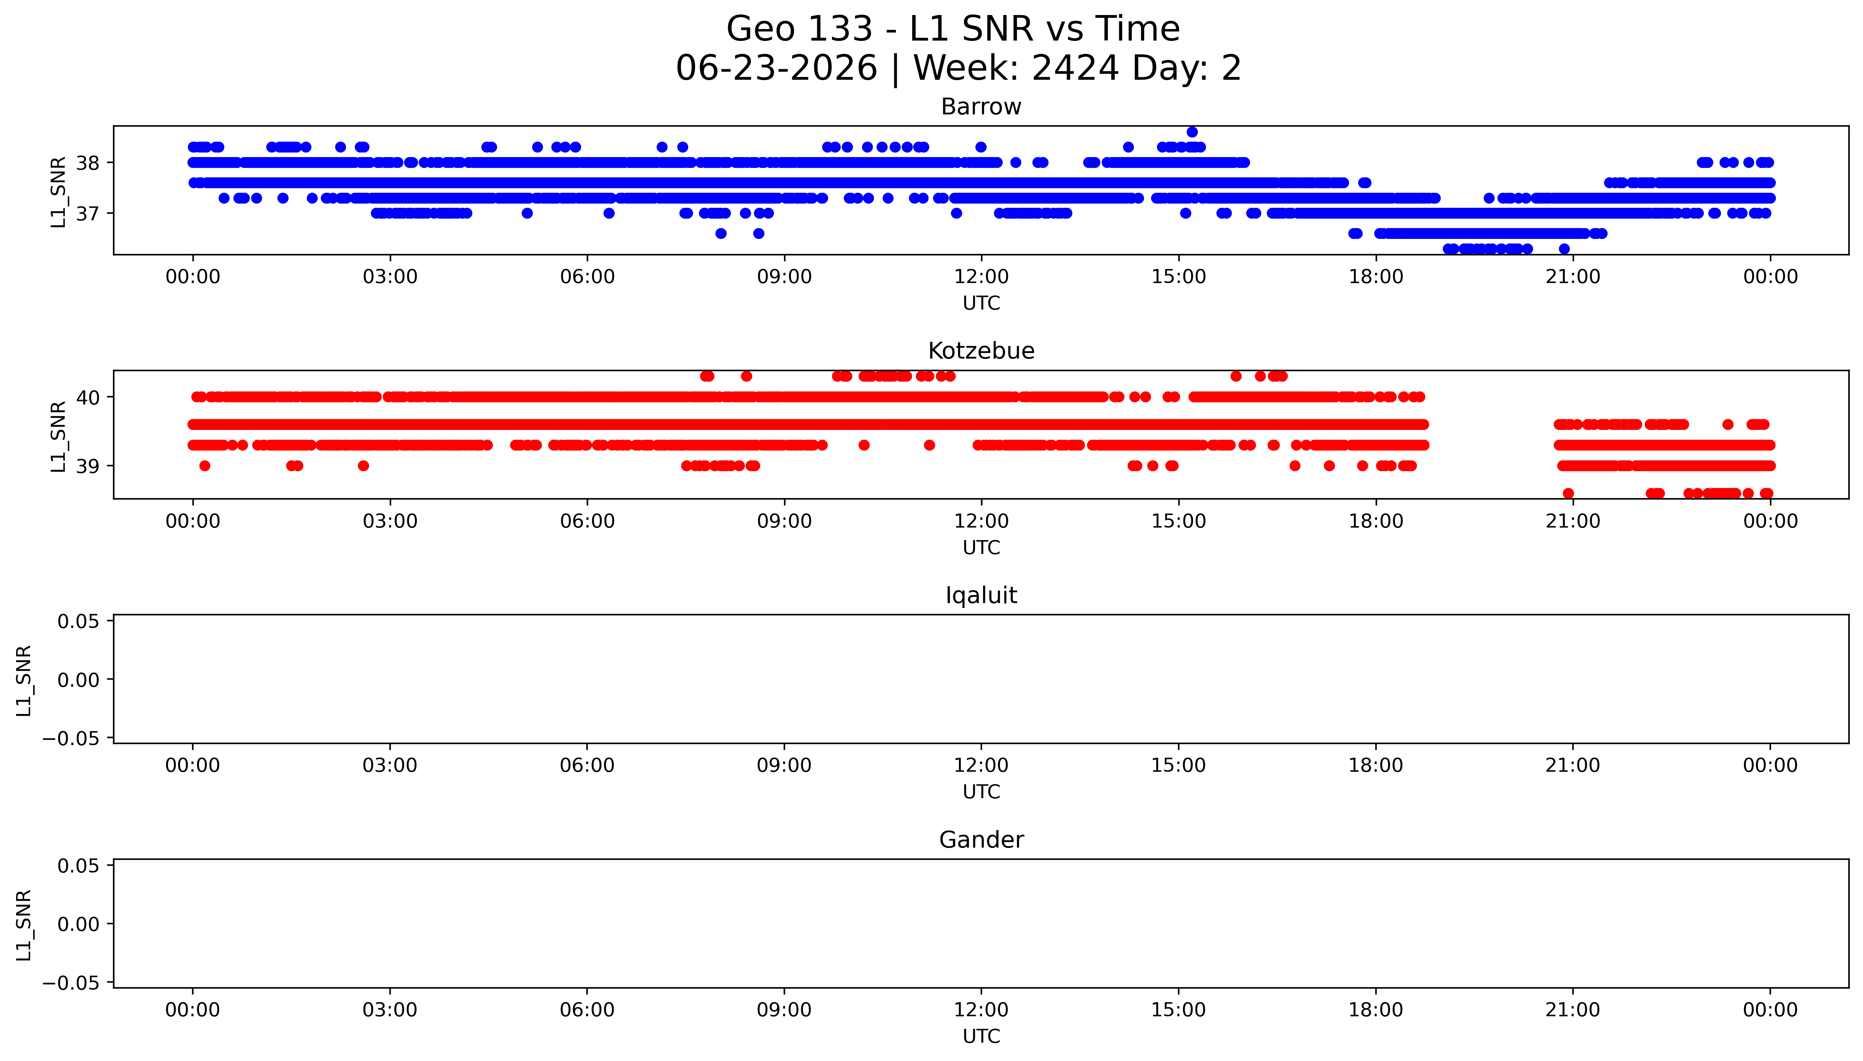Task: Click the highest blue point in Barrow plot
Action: [1192, 132]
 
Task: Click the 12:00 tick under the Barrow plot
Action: [981, 277]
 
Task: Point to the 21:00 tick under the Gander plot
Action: [1573, 1010]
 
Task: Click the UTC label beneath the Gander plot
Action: [981, 1036]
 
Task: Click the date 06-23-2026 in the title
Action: [777, 69]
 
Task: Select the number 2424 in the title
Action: [1075, 69]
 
